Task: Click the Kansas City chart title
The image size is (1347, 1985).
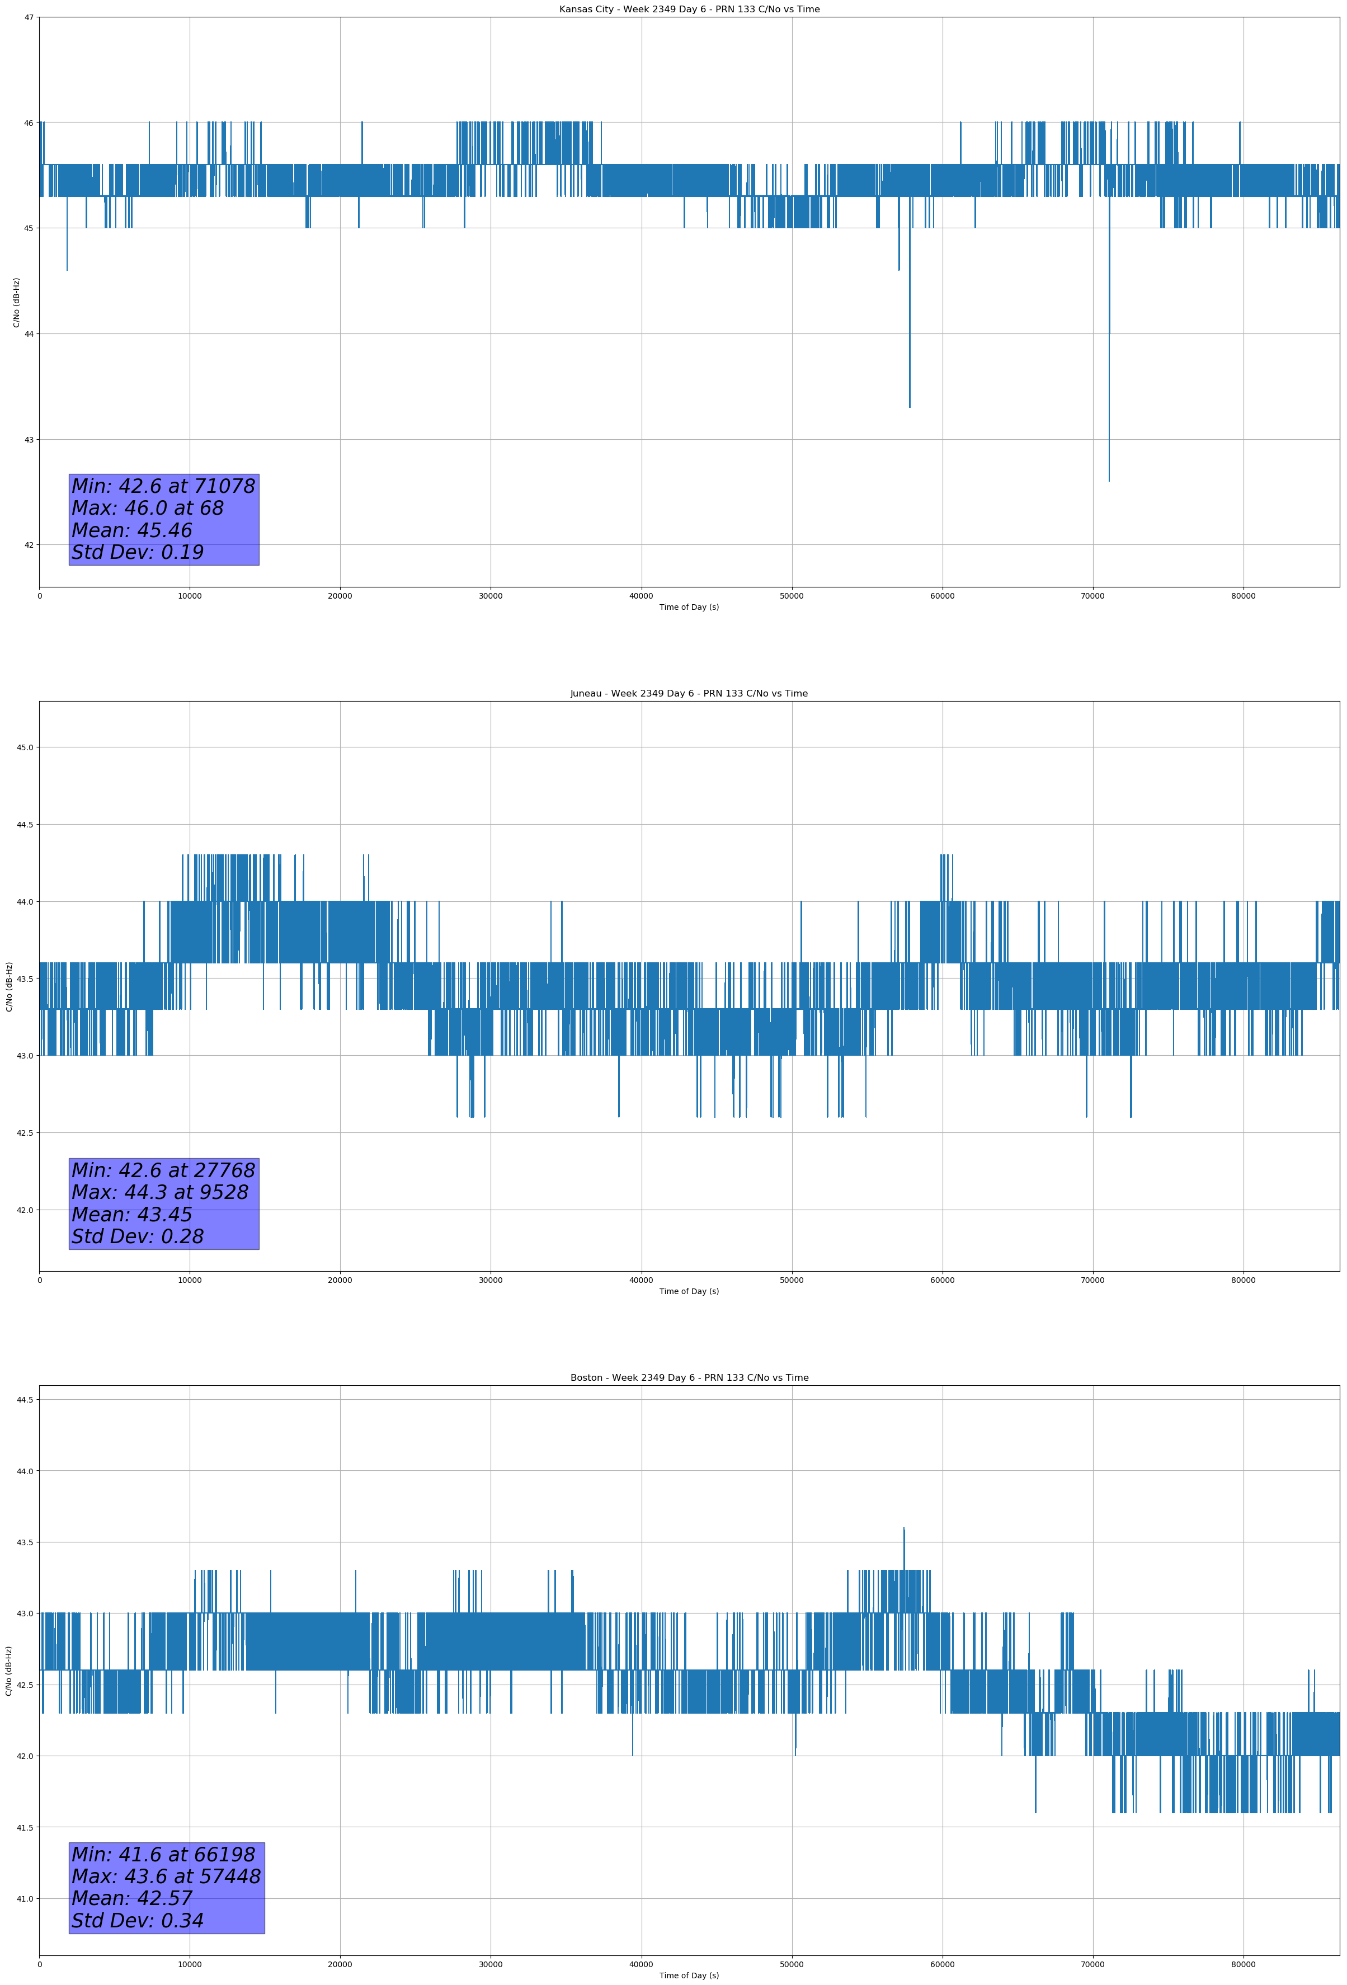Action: click(689, 10)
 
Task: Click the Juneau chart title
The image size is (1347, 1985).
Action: click(689, 694)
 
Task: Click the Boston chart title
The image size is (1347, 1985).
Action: click(689, 1378)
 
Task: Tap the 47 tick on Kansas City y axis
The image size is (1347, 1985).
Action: click(29, 17)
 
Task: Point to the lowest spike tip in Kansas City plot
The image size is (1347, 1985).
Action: click(1109, 481)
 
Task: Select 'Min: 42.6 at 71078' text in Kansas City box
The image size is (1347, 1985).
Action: click(163, 486)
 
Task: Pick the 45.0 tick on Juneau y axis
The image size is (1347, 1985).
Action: click(25, 747)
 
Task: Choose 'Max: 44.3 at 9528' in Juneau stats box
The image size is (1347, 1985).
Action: click(160, 1192)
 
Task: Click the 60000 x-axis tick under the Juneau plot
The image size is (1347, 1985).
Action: click(942, 1280)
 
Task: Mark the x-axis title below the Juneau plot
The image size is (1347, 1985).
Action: click(689, 1291)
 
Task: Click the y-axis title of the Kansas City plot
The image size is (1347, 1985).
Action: click(16, 302)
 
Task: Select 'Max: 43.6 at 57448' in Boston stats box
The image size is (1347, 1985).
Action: click(166, 1876)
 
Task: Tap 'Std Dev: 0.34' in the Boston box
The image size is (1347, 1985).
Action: click(138, 1921)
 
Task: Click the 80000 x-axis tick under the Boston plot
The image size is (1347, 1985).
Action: click(1243, 1964)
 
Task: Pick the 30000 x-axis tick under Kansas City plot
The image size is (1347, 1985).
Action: click(490, 596)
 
